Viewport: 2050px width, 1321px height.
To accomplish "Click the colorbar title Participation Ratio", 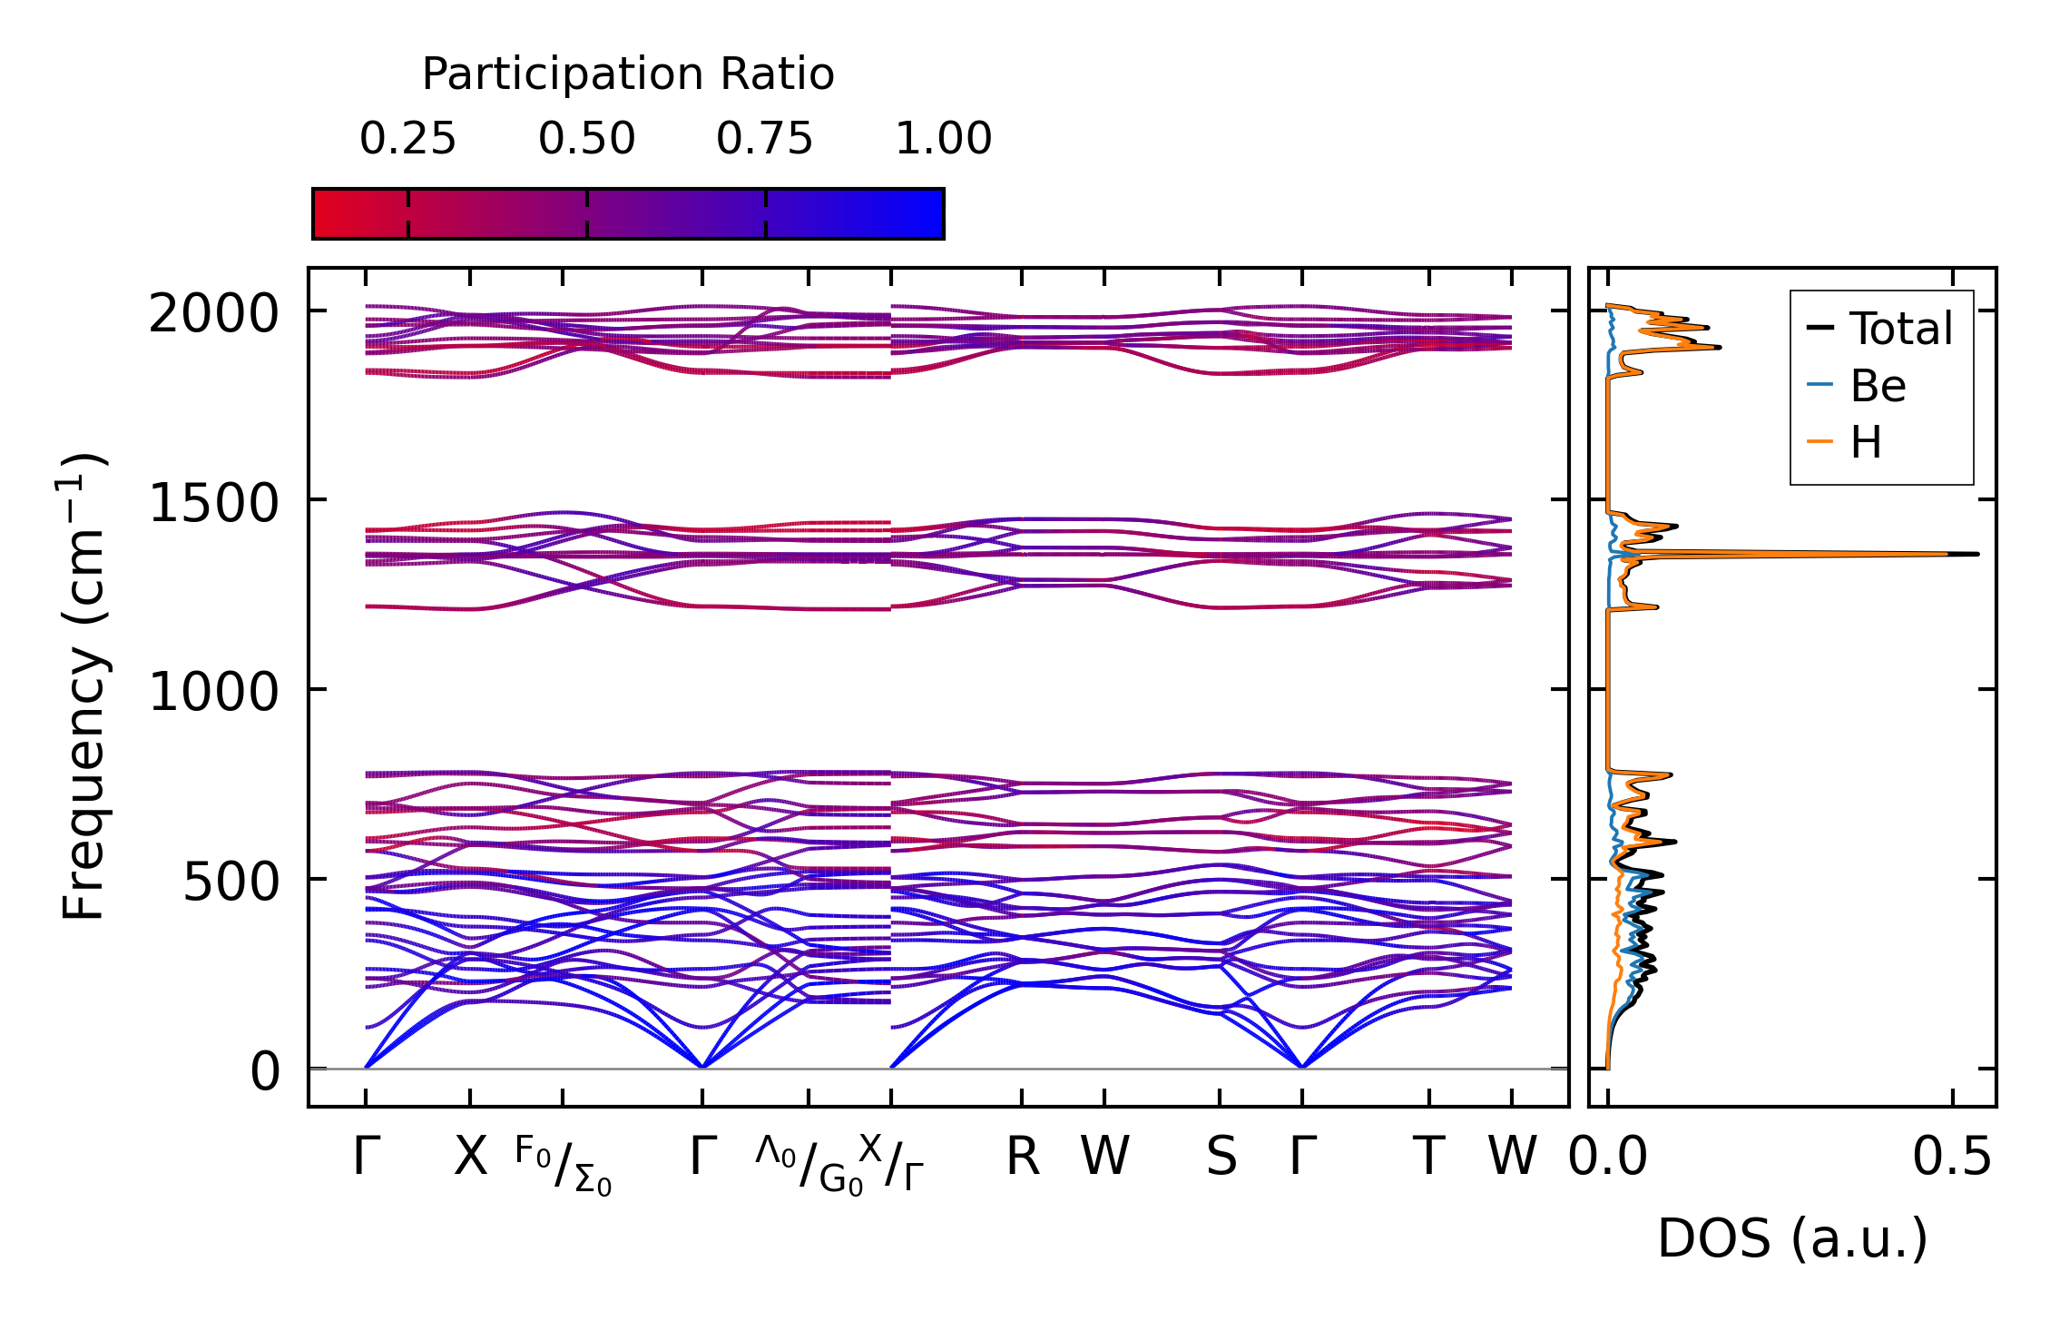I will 628,74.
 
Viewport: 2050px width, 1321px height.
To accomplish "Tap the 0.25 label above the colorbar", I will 407,140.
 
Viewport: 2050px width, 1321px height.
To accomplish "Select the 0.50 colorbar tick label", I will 586,140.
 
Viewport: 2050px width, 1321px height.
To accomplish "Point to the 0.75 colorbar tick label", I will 764,140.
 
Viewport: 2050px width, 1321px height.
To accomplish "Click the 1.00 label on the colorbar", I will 943,140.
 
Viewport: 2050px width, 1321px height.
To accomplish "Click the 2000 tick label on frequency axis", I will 213,315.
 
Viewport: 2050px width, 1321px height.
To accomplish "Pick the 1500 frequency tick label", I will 213,503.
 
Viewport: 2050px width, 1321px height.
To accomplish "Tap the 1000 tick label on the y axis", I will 213,693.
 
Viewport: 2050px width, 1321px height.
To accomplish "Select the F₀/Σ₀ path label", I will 563,1166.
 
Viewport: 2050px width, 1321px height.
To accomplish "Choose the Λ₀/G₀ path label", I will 809,1166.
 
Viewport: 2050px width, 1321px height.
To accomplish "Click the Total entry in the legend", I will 1900,329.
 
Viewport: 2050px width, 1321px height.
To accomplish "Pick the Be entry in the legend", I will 1878,386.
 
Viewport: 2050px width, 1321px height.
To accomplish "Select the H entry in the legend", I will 1866,443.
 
